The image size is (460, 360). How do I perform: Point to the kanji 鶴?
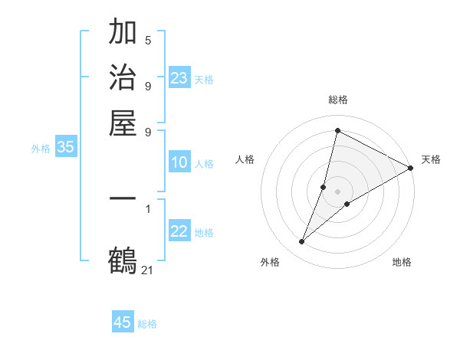pos(123,260)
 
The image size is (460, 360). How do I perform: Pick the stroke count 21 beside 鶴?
pos(148,269)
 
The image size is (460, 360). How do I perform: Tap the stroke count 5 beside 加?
pos(148,40)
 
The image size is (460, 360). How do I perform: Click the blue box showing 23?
pos(179,78)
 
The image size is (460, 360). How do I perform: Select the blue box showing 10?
pos(179,162)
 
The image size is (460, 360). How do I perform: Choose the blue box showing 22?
pos(179,231)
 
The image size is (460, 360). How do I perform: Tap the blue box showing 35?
pos(65,148)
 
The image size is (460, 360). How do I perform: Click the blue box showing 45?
pos(123,322)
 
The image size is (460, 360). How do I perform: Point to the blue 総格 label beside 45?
pos(147,324)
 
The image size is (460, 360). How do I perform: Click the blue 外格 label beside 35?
pos(41,149)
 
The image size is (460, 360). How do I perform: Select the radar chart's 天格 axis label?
pos(431,159)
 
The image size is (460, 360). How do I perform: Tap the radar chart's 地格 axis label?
pos(402,262)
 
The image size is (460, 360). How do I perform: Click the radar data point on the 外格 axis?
pos(302,242)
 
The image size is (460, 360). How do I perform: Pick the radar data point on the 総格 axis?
pos(337,130)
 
